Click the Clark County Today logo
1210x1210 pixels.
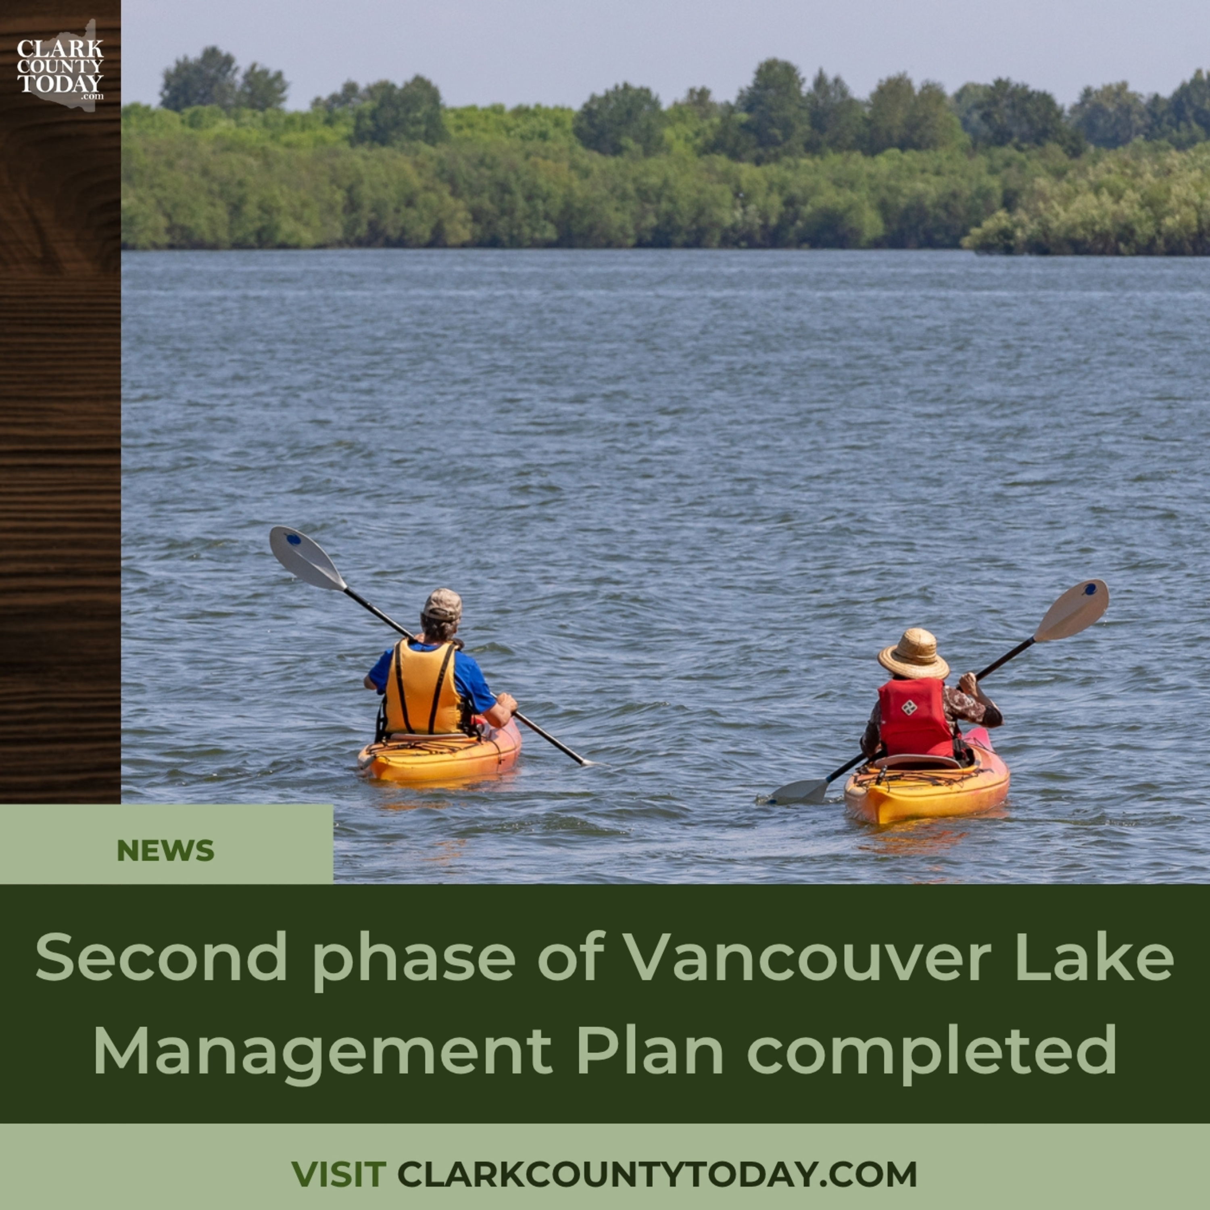[60, 66]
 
